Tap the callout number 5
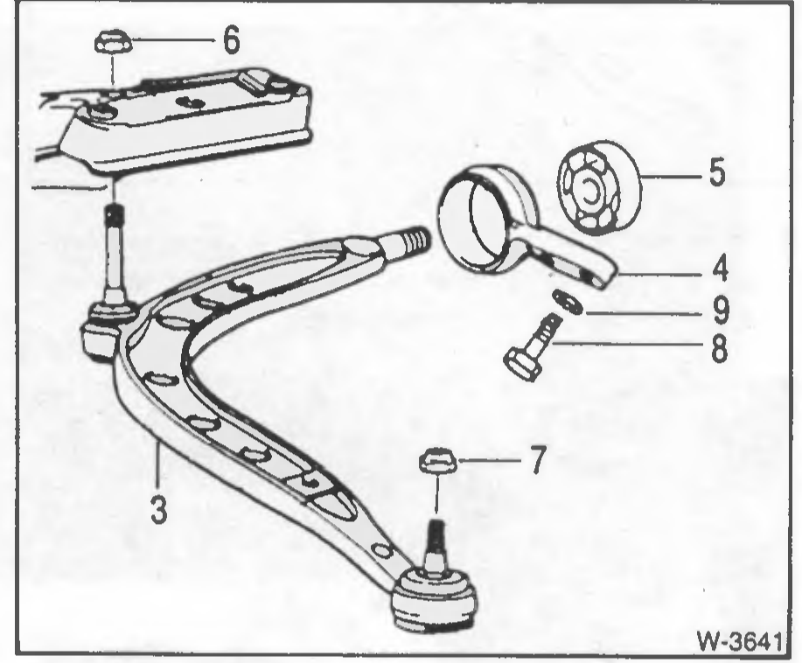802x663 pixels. point(716,172)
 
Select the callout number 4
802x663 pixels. point(720,269)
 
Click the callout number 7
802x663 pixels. point(538,459)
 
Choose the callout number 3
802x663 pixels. point(158,510)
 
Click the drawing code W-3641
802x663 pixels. point(740,640)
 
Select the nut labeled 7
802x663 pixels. point(437,461)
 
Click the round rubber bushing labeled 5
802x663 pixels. point(598,187)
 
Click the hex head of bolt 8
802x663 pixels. point(522,363)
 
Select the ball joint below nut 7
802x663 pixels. point(436,597)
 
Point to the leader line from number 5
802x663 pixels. point(671,177)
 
